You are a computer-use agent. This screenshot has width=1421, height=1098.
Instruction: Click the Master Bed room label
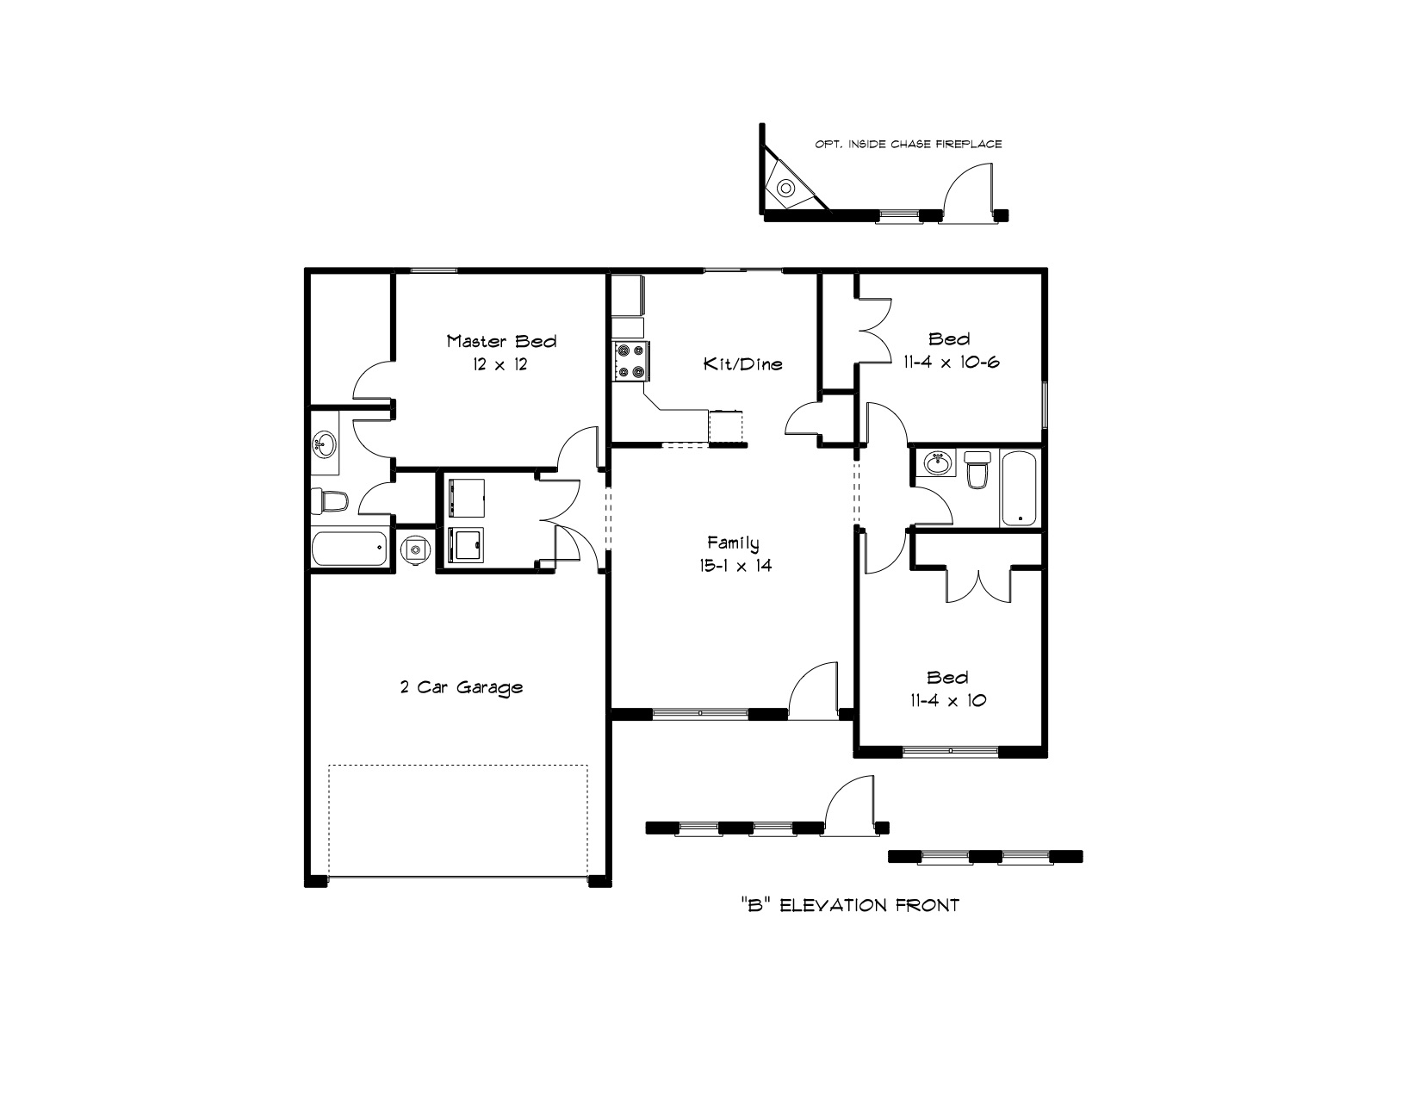(501, 341)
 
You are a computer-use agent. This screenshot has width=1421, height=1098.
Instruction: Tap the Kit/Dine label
(743, 363)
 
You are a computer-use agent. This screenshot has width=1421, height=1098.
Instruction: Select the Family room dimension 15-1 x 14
(735, 566)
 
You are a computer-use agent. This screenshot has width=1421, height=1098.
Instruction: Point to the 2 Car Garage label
(462, 687)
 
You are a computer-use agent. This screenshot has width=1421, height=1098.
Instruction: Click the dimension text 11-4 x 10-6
(952, 363)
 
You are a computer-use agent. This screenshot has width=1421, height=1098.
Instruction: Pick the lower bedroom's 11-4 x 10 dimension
(948, 700)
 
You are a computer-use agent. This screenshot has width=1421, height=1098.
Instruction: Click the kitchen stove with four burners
(631, 360)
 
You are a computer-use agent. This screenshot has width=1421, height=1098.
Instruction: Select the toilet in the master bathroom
(330, 501)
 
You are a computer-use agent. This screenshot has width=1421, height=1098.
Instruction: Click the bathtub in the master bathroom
(350, 548)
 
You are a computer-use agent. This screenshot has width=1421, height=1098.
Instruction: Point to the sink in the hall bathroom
(939, 463)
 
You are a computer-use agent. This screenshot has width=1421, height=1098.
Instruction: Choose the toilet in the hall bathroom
(978, 469)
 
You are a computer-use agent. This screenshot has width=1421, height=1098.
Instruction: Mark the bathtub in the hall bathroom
(1018, 487)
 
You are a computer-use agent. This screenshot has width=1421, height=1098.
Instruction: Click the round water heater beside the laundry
(415, 548)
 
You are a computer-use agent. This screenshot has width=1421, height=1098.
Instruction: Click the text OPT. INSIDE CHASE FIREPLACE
(909, 144)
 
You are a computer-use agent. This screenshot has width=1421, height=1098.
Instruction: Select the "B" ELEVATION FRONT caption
(850, 906)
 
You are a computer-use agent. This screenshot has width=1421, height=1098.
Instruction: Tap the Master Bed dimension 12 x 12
(500, 365)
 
